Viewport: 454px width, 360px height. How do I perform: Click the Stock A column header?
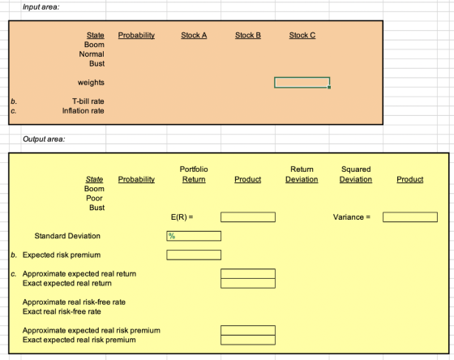(194, 36)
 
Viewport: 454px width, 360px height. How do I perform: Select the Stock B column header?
(248, 36)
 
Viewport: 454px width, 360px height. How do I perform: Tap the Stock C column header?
(302, 36)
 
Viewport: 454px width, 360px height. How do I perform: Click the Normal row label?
(92, 54)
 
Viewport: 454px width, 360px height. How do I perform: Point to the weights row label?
(91, 83)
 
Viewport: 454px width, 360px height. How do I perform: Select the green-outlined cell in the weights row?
(302, 83)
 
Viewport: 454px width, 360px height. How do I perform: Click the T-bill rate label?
(88, 101)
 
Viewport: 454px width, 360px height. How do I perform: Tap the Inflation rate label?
(83, 111)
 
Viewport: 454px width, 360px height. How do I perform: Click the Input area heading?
(41, 7)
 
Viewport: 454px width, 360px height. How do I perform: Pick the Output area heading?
(44, 139)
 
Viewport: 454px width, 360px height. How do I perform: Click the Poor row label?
(94, 199)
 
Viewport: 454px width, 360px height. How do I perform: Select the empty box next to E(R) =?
(248, 217)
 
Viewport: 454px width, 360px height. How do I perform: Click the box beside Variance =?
(410, 217)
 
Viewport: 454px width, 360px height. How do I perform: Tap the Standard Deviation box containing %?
(194, 236)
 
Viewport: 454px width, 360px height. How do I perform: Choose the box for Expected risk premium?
(194, 255)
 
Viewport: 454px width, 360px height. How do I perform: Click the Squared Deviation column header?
(356, 174)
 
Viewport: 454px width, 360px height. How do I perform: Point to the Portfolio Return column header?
(194, 174)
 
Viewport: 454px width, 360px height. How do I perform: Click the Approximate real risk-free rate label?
(74, 302)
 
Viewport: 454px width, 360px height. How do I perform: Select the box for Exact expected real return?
(248, 283)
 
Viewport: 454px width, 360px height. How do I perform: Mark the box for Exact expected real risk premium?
(248, 340)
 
